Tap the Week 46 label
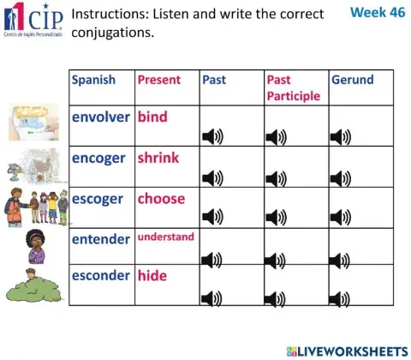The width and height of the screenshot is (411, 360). coord(375,14)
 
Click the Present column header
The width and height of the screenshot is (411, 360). coord(159,80)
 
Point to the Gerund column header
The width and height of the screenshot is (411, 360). coord(352,80)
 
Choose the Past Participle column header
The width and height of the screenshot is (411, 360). coord(293,87)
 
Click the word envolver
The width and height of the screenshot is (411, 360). coord(102,117)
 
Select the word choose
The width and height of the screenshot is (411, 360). coord(161,198)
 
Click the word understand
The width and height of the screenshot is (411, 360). coord(165,237)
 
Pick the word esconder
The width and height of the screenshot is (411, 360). coord(101,275)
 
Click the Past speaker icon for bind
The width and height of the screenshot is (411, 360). coord(211,136)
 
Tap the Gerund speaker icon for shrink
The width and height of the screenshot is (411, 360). coord(341,177)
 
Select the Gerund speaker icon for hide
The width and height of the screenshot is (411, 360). coord(341,298)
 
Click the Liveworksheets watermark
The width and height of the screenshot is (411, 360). coord(348,350)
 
